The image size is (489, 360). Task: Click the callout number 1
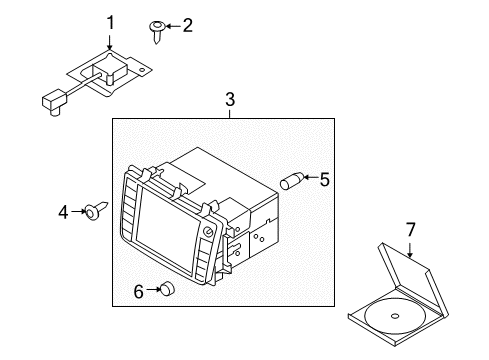pos(110,23)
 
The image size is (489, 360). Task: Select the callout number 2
pos(188,25)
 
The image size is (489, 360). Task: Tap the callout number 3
pos(230,99)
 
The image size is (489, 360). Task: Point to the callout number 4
pos(63,212)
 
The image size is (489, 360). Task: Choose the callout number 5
pos(324,180)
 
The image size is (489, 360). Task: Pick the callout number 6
pos(138,291)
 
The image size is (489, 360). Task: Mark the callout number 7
pos(411,230)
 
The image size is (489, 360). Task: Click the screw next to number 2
pos(157,31)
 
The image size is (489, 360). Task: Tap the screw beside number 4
pos(96,210)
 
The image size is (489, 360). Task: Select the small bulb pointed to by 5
pos(292,180)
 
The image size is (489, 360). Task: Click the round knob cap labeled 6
pos(168,288)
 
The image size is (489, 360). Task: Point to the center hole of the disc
pos(395,316)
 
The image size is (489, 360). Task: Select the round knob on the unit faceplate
pos(208,232)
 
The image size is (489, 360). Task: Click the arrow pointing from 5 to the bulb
pos(311,177)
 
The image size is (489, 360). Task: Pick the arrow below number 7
pos(410,250)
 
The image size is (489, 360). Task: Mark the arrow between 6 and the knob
pos(153,290)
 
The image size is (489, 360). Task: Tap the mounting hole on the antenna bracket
pos(143,70)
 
